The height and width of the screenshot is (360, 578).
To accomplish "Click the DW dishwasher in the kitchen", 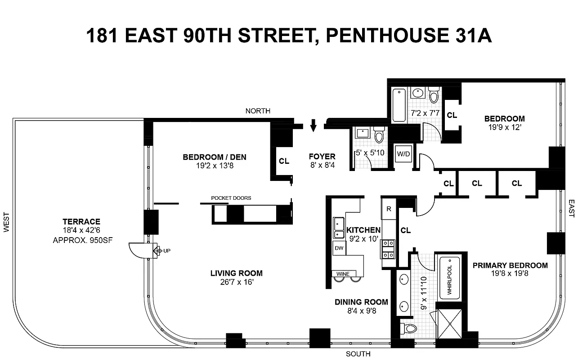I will click(338, 248).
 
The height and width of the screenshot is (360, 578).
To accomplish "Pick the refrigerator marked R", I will click(388, 209).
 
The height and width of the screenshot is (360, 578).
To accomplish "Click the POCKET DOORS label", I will click(231, 198).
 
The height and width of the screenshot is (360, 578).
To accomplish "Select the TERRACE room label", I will click(81, 221).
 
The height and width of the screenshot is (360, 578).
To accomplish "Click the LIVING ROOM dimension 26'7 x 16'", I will click(236, 282).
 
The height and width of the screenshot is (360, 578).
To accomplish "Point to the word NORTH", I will click(258, 111).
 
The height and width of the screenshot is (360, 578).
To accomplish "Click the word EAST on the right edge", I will click(571, 209).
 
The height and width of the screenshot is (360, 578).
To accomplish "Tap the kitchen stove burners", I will click(388, 249).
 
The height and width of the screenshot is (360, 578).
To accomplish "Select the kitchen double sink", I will click(338, 228).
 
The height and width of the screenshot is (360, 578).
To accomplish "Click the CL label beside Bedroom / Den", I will click(284, 161).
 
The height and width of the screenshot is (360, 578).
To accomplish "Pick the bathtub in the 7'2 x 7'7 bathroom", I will click(399, 105).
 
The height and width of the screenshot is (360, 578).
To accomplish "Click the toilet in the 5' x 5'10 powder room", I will click(379, 135).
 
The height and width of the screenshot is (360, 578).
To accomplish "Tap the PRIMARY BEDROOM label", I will click(510, 265).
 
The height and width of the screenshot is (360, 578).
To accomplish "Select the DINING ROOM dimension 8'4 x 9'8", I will click(361, 311).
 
